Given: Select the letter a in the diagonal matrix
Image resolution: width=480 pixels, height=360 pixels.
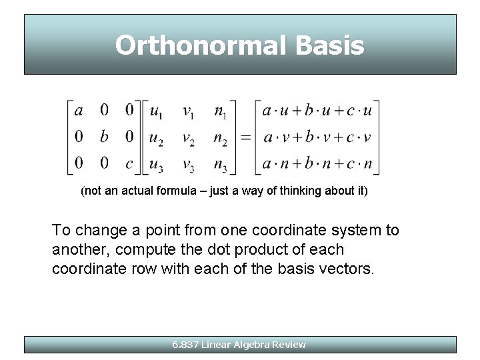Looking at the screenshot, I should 79,110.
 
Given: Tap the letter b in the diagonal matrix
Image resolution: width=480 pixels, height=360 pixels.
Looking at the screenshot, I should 104,137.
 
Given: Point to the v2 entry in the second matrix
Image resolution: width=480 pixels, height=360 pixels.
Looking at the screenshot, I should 189,138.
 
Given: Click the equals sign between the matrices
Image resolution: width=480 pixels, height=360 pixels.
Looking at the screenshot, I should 245,137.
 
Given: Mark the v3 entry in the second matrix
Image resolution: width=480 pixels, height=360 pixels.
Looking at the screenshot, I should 189,165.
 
